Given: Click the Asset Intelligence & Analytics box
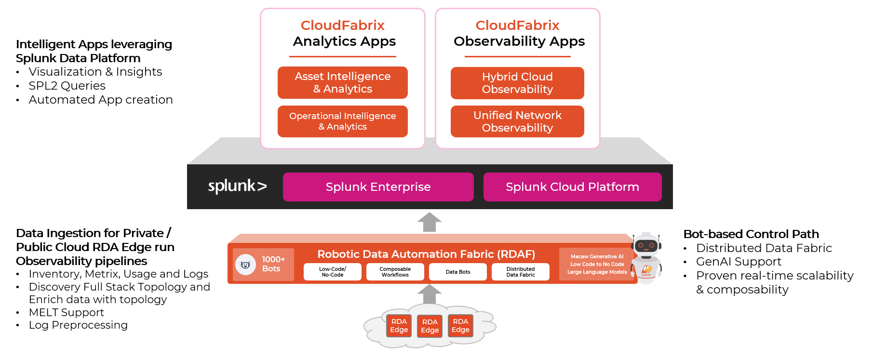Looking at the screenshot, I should click(x=342, y=82).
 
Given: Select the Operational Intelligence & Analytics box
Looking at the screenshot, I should click(x=342, y=121).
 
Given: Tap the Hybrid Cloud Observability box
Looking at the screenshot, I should click(x=517, y=83).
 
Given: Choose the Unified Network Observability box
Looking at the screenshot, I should click(x=517, y=121).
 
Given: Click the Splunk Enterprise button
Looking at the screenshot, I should click(x=378, y=187).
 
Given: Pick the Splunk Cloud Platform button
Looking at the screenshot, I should click(x=572, y=187).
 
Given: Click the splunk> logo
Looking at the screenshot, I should click(x=237, y=186).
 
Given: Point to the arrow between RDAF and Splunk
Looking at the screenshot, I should click(x=429, y=222).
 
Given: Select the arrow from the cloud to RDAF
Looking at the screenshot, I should click(x=429, y=293).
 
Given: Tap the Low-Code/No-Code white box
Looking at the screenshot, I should click(x=332, y=272).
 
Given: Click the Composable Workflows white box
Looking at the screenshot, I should click(x=395, y=272).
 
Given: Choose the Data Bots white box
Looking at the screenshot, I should click(x=457, y=272).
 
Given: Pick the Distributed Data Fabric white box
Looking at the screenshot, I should click(x=520, y=272).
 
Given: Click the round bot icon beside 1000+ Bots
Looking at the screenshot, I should click(x=245, y=265).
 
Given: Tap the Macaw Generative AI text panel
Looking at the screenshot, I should click(x=596, y=264).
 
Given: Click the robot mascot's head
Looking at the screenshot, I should click(x=646, y=245).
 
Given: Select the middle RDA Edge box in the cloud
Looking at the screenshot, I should click(x=430, y=326).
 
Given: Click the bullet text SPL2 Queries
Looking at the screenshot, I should click(x=67, y=86).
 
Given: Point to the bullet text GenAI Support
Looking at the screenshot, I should click(x=738, y=262).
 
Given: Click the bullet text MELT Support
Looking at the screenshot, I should click(x=66, y=312).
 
